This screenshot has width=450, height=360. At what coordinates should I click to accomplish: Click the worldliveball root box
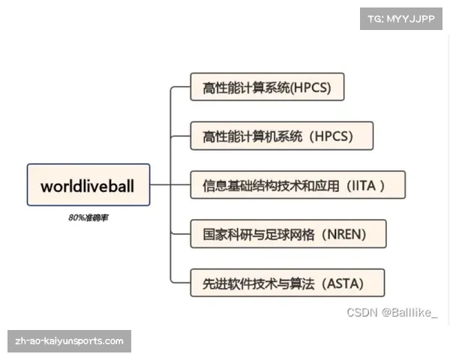[88, 184]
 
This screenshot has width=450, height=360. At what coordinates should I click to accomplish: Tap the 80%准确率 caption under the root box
[88, 218]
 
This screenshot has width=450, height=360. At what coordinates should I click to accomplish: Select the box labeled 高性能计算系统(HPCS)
[267, 87]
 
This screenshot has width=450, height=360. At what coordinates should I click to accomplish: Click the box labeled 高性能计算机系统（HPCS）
[282, 136]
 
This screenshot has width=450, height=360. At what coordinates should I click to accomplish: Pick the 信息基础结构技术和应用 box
[298, 185]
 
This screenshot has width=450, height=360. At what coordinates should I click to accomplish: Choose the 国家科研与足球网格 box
[289, 234]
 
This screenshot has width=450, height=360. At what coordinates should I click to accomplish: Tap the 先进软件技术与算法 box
[287, 283]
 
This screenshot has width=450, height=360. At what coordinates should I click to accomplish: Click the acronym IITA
[364, 186]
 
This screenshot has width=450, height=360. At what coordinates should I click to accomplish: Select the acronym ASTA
[343, 283]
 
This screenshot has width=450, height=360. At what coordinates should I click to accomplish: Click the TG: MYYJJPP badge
[401, 19]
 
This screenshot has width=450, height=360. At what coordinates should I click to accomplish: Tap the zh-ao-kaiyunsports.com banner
[69, 341]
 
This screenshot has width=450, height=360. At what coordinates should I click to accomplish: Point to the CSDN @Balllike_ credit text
[392, 313]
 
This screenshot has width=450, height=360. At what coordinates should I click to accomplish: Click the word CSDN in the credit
[362, 313]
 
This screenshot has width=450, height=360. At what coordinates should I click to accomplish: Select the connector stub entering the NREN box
[181, 234]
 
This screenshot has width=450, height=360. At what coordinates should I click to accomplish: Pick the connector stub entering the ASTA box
[181, 283]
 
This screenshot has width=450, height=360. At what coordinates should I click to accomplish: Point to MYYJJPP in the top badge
[411, 19]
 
